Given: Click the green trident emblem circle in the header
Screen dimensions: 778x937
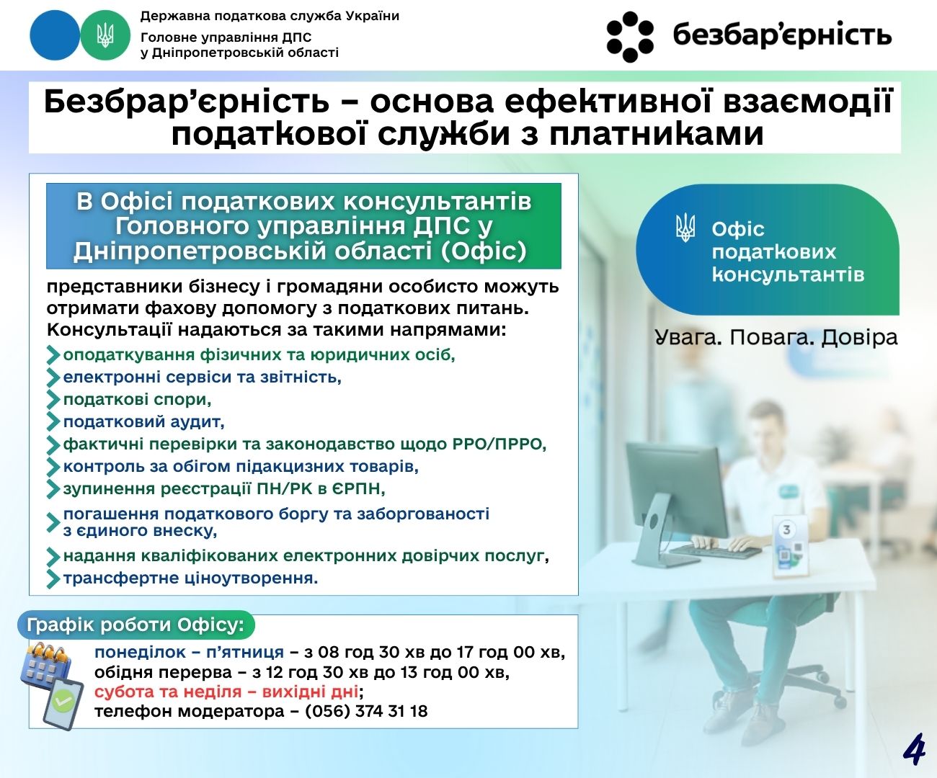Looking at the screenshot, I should point(105,35).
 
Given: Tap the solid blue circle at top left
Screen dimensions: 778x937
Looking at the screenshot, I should point(54,35).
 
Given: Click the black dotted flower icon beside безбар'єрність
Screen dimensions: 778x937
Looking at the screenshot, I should point(629,36).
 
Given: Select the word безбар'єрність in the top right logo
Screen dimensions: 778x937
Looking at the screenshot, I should point(782,35).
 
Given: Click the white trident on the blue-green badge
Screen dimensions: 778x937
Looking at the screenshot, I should point(685,228).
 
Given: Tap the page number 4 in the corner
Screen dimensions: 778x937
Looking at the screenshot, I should point(913,750).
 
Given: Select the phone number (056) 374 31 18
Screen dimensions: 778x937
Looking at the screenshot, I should point(366,711).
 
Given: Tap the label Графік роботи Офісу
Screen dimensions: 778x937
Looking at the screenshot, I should point(136,625).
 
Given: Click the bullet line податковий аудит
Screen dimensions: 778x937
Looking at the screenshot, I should point(143,421).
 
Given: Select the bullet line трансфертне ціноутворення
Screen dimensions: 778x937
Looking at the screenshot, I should point(190,578).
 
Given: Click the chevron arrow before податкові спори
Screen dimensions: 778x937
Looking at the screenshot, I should point(53,400).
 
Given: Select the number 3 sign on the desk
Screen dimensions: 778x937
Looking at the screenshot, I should point(787,530).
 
